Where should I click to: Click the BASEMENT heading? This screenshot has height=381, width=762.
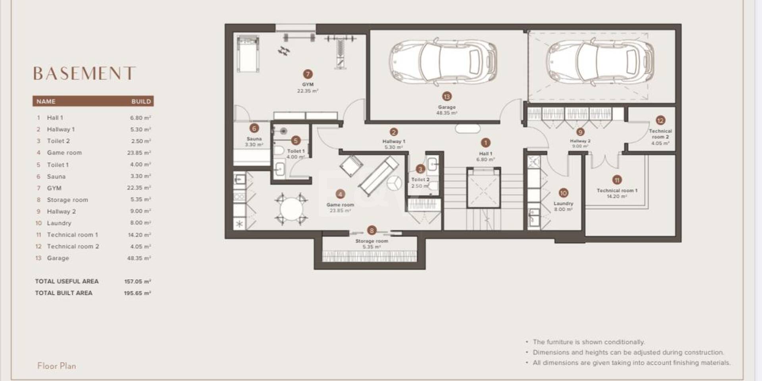pos(84,73)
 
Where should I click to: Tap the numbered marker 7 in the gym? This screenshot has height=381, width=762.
pos(308,74)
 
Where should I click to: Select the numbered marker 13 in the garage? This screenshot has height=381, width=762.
pos(447,97)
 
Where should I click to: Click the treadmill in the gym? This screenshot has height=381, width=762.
pos(248,53)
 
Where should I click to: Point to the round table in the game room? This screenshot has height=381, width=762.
pos(292,209)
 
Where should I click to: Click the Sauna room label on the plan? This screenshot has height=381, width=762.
pos(254,139)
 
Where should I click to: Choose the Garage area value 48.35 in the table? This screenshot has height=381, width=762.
pos(139,258)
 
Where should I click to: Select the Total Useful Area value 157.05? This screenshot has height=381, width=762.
pos(137,281)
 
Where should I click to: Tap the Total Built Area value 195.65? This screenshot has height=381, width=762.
pos(137,293)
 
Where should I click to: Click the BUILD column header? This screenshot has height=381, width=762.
pos(141,101)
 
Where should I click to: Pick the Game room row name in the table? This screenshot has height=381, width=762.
pos(64,153)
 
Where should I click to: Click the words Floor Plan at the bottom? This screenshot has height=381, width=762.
pos(57,366)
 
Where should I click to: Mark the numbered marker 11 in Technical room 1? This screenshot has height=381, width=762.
pos(617,180)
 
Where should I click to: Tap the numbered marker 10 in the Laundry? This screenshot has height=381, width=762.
pos(564,193)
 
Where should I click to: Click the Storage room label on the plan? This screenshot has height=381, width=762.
pos(372,241)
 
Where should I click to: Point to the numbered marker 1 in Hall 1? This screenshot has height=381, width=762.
pos(485,143)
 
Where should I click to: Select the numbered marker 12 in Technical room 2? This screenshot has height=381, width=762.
pos(660,120)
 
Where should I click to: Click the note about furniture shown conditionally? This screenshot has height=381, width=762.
pos(589,342)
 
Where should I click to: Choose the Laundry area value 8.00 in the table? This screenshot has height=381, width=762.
pos(140,223)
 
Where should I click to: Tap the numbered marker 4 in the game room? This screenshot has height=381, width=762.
pos(340,194)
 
